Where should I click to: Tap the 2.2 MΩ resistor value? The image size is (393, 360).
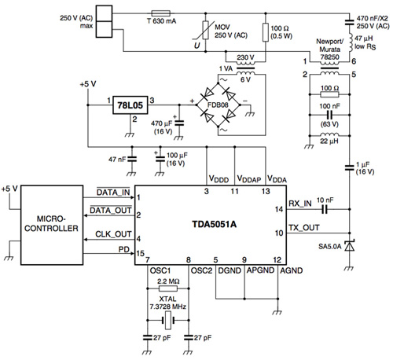tap(169, 281)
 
